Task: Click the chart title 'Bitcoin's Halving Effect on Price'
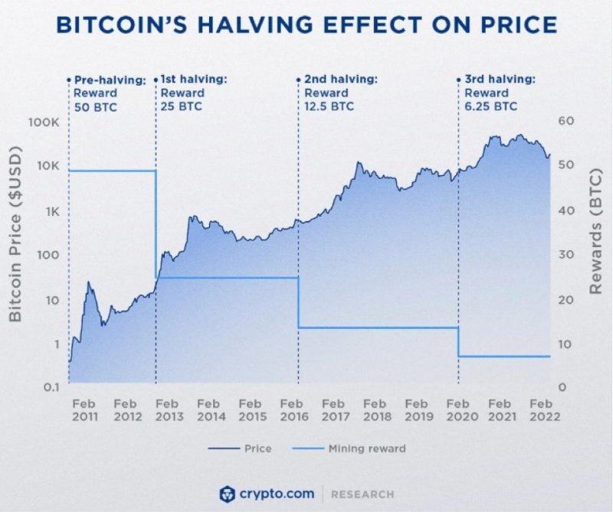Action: [x=306, y=25]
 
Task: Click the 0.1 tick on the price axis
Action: [x=49, y=387]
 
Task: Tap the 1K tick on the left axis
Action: [x=51, y=211]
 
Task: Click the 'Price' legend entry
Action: [x=241, y=448]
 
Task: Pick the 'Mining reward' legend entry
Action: [x=356, y=448]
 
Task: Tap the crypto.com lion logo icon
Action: [x=226, y=494]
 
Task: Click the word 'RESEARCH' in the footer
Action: [x=362, y=494]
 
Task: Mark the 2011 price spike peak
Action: [x=89, y=283]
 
